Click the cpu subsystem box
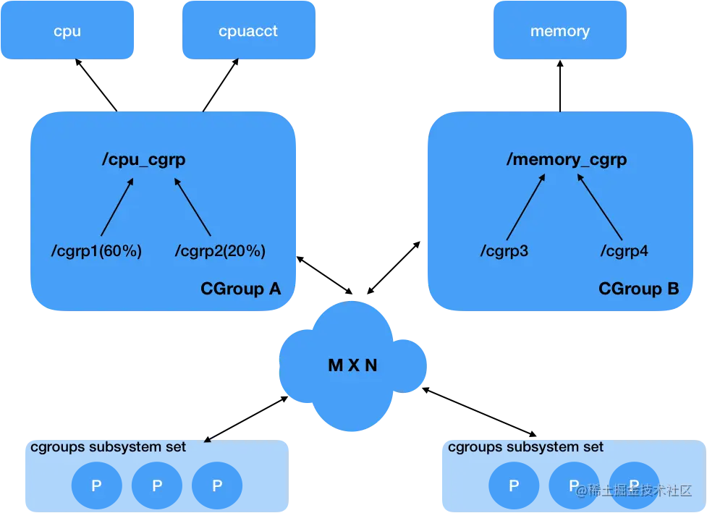[x=67, y=31]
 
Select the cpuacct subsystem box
[x=248, y=31]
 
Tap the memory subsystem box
[x=559, y=31]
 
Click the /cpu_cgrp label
[x=143, y=160]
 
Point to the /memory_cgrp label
[x=566, y=160]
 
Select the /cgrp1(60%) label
[x=96, y=251]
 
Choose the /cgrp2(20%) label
[x=220, y=251]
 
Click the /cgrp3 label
[x=504, y=251]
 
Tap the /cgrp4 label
[x=624, y=251]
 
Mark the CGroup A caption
[x=240, y=289]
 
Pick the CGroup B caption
[x=638, y=289]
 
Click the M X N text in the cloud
[x=352, y=365]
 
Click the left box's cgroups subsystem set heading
[x=108, y=447]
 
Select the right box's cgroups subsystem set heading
[x=525, y=447]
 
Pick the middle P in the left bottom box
[x=157, y=486]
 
